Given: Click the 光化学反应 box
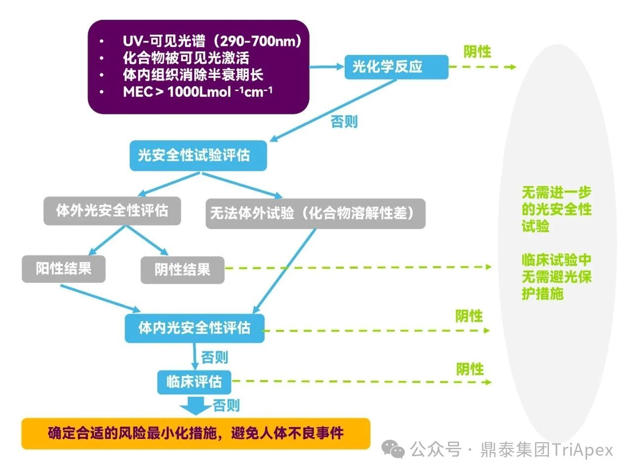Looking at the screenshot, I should click(396, 67).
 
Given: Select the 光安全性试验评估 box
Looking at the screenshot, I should click(198, 156).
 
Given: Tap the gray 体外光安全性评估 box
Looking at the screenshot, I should click(112, 211).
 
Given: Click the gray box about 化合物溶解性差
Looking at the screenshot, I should click(315, 214).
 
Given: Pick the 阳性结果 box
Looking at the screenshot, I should click(63, 269).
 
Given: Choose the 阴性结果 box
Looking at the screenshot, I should click(182, 270).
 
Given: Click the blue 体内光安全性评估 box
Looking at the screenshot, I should click(194, 328).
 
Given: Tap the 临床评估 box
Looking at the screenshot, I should click(194, 382).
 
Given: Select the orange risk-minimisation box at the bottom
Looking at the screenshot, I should click(195, 433).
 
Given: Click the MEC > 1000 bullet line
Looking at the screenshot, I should click(197, 92).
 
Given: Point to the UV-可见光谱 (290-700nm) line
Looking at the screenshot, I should click(212, 41).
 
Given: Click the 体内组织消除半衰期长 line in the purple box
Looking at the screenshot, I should click(193, 75).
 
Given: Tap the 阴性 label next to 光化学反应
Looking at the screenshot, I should click(477, 51).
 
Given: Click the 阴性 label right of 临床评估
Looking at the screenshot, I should click(470, 369).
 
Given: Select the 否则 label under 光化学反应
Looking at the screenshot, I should click(344, 122).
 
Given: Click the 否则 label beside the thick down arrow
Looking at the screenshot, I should click(226, 406).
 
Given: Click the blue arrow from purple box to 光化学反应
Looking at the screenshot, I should click(326, 66).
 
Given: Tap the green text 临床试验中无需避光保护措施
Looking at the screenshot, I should click(556, 277).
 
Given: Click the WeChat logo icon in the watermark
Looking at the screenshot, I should click(395, 449).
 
